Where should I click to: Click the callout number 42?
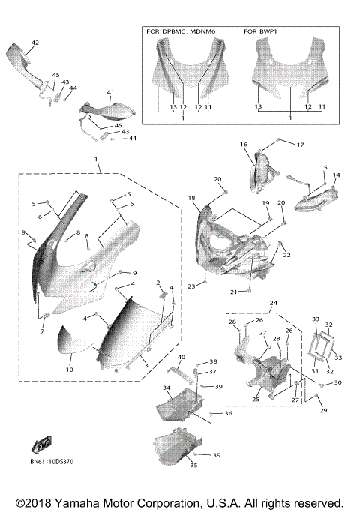point(34,44)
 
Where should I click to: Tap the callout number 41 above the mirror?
point(110,92)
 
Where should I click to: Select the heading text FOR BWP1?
point(262,32)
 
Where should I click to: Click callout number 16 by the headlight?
point(244,144)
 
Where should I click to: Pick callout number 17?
point(300,144)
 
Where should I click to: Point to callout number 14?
point(336,175)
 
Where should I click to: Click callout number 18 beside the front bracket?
point(192,198)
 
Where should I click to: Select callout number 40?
point(181,357)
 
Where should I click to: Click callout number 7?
point(43,331)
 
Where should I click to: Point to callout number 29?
point(324,410)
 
